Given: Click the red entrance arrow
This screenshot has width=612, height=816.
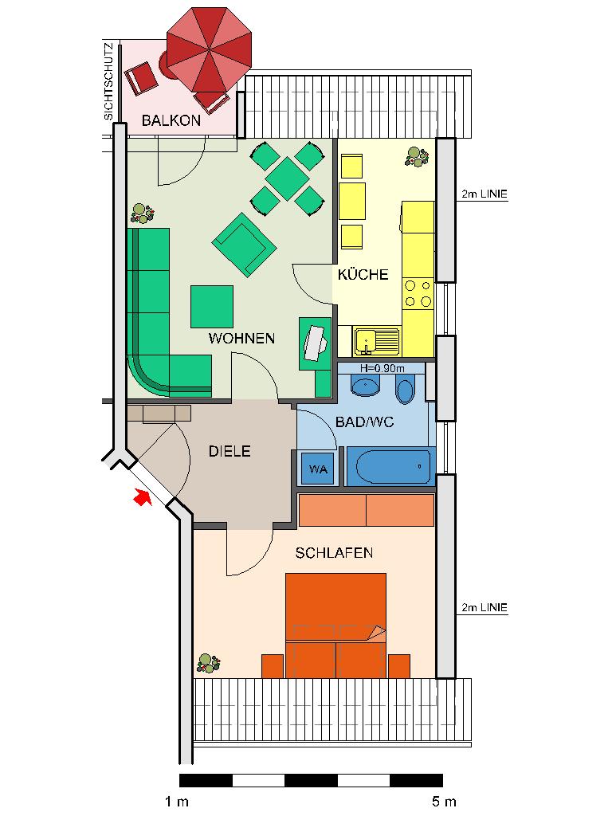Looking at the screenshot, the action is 143,497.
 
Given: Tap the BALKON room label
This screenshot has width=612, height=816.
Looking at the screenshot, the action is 171,120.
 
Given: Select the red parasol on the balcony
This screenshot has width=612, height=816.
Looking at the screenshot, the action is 210,50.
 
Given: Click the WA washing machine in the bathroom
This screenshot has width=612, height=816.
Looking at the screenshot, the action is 318,469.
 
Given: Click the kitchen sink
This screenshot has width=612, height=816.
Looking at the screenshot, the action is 376,341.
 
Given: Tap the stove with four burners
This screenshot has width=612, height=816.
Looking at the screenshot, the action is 418,293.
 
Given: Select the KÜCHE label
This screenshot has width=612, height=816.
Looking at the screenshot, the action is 363,274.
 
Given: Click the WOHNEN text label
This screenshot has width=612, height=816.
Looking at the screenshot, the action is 241,338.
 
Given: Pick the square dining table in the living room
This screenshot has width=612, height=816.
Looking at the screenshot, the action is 288,178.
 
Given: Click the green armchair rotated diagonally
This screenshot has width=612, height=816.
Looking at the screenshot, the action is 244,244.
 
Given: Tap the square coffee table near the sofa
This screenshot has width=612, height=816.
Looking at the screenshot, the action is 212,307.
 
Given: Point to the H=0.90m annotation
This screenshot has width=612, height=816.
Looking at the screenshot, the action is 382,368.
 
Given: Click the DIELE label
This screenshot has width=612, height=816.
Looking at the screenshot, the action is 229,451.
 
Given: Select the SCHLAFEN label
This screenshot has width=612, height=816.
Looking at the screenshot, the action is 334,553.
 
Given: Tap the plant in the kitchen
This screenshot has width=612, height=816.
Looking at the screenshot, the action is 416,157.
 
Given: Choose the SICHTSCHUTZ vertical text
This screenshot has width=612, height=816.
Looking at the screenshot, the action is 108,82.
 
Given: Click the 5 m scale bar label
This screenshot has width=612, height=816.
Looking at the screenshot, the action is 443,802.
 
